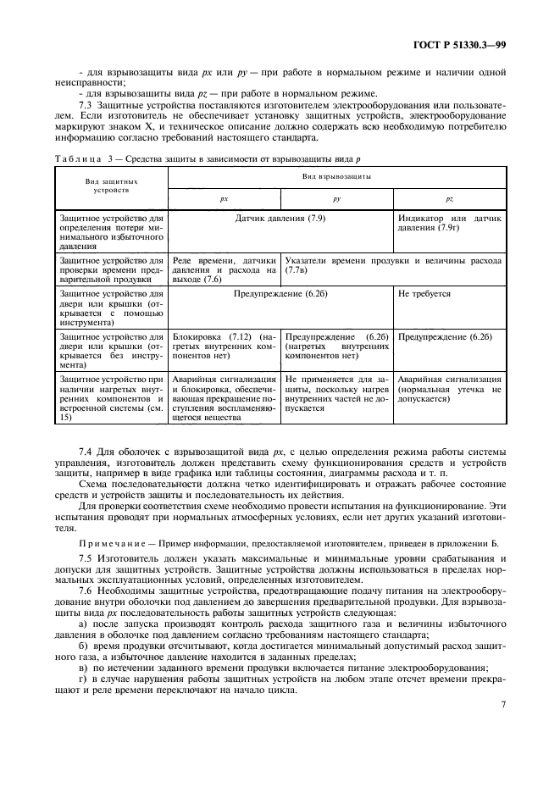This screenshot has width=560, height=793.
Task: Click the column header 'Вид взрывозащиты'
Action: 336,177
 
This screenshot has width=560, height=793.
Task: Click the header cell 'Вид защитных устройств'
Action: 111,186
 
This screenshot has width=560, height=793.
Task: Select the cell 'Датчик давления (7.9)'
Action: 280,219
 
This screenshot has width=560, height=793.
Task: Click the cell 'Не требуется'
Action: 424,294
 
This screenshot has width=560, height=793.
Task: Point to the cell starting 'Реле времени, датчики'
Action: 224,269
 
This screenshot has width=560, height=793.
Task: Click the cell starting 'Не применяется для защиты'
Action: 336,393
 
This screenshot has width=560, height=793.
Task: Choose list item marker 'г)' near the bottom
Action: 81,679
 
